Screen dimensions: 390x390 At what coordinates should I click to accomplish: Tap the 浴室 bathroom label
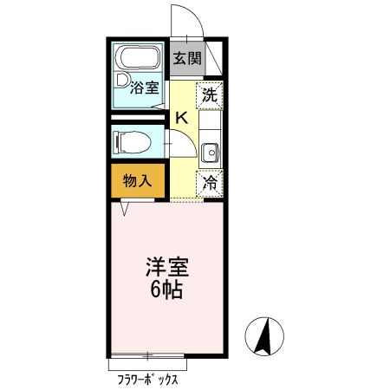(144, 88)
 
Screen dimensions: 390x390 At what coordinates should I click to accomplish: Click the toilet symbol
(133, 140)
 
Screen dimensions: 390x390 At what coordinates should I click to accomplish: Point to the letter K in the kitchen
(183, 118)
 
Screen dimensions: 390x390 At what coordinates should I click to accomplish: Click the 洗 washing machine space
(209, 95)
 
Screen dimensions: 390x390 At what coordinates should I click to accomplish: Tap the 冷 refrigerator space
(209, 183)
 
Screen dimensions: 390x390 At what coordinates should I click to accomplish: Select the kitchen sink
(209, 154)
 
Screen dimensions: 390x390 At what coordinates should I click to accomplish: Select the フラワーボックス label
(149, 379)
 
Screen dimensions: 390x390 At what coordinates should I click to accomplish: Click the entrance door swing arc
(180, 19)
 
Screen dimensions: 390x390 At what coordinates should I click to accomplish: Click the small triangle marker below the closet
(127, 209)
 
